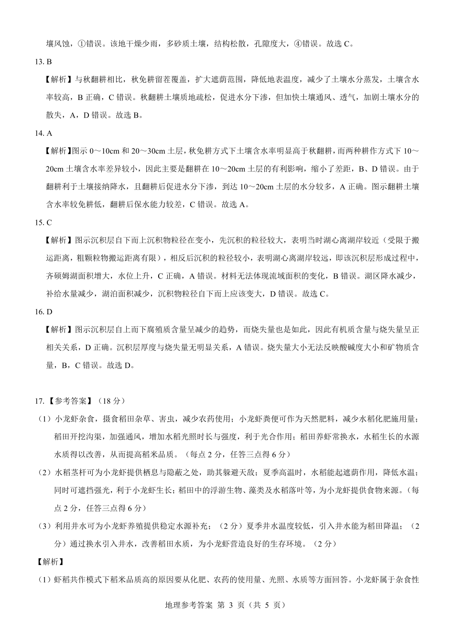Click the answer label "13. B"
[43, 62]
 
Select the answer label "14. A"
[43, 133]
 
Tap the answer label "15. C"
[43, 222]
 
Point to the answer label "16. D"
[43, 312]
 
